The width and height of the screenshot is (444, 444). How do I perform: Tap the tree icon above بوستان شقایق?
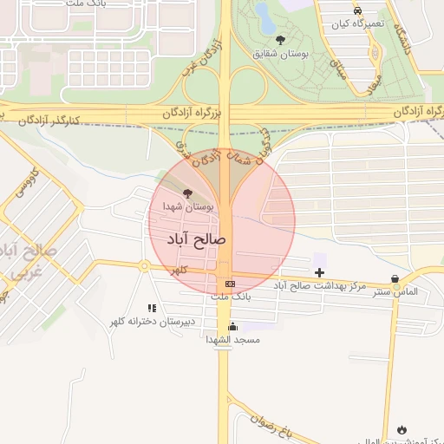pos(279,40)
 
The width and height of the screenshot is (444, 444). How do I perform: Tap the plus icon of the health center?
pos(319,272)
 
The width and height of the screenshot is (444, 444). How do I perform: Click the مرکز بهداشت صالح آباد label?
pos(320,285)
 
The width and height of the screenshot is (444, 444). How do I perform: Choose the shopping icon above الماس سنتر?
pos(396,279)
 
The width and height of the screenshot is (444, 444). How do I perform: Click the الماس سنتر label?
pos(395,291)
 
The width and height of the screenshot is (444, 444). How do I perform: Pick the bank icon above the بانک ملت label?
pos(230,284)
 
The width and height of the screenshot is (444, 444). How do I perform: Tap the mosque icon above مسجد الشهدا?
pos(232,327)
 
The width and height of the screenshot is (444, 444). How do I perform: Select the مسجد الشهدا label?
pos(232,340)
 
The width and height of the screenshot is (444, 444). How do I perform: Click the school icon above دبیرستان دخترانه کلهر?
pos(153,308)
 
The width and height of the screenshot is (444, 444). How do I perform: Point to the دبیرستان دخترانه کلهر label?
pos(153,322)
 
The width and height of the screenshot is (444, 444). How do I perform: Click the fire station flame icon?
pos(402,429)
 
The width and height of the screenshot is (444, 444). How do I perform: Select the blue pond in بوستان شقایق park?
pos(262,12)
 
